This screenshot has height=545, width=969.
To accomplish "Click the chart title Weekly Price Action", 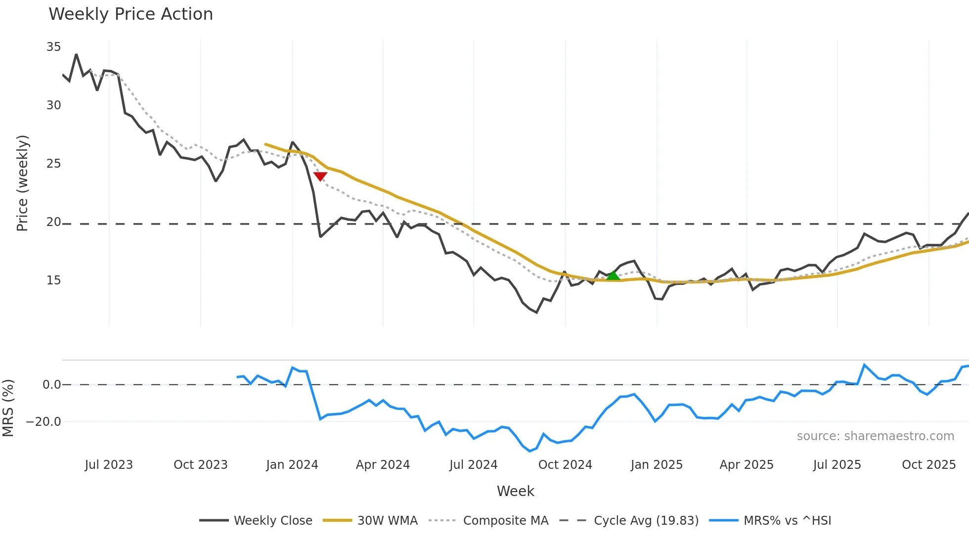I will pyautogui.click(x=131, y=14).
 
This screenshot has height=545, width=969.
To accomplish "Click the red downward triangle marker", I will pyautogui.click(x=320, y=177).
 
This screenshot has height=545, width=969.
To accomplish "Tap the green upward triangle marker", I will pyautogui.click(x=613, y=275).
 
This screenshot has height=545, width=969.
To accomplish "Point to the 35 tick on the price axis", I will pyautogui.click(x=53, y=47).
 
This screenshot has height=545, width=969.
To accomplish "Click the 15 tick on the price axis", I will pyautogui.click(x=53, y=280).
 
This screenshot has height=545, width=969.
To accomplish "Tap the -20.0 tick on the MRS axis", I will pyautogui.click(x=44, y=422).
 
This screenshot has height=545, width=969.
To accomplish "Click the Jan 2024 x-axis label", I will pyautogui.click(x=292, y=465).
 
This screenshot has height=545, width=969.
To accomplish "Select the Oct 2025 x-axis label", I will pyautogui.click(x=928, y=465).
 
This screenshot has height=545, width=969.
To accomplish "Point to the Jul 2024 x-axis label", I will pyautogui.click(x=473, y=465).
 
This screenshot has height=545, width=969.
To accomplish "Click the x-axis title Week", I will pyautogui.click(x=515, y=491).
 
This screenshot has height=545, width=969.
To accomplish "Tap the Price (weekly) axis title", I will pyautogui.click(x=22, y=183).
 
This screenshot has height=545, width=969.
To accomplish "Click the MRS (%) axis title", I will pyautogui.click(x=8, y=408).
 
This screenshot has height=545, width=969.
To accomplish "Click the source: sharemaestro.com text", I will pyautogui.click(x=875, y=436).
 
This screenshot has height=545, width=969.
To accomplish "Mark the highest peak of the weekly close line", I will pyautogui.click(x=76, y=54).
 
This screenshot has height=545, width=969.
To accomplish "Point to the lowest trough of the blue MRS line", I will pyautogui.click(x=529, y=451).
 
